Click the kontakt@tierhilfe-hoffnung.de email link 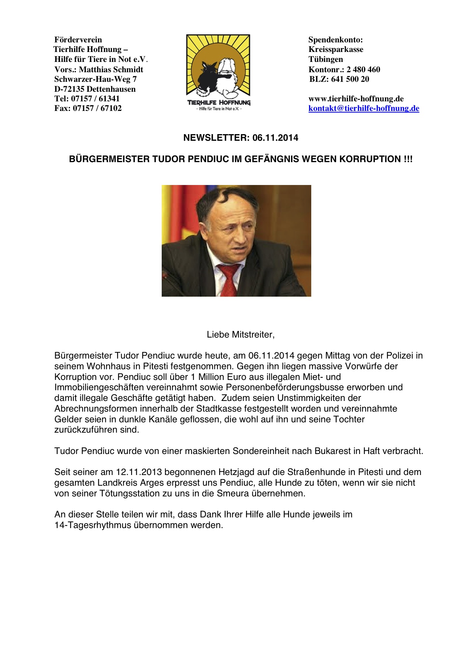364,108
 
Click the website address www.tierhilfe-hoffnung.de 356,99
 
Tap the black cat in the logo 206,75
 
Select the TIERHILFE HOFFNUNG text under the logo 219,102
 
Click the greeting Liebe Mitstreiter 241,335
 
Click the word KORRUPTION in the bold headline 370,159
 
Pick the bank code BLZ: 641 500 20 339,79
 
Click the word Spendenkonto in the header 335,40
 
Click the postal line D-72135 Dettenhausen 95,89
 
